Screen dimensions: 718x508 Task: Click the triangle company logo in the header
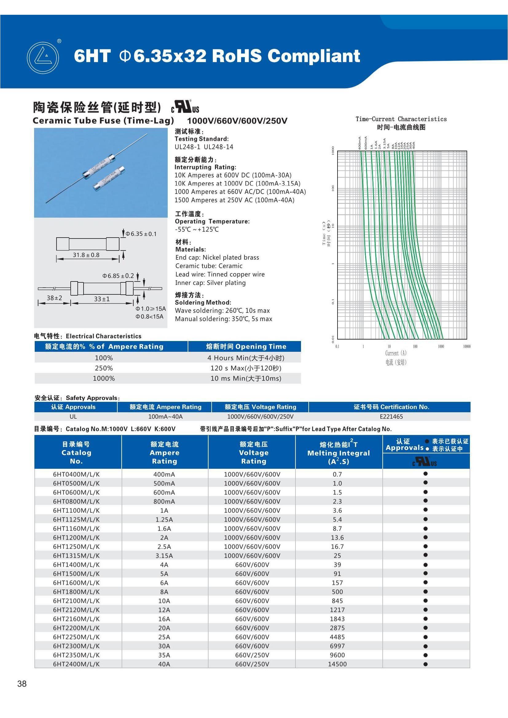pyautogui.click(x=43, y=58)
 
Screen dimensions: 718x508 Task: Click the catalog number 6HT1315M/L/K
pyautogui.click(x=76, y=556)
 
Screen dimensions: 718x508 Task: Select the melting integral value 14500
pyautogui.click(x=337, y=664)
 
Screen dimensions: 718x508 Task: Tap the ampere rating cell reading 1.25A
pyautogui.click(x=164, y=519)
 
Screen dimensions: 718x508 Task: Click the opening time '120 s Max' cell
pyautogui.click(x=246, y=368)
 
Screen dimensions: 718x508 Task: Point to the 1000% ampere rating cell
pyautogui.click(x=104, y=378)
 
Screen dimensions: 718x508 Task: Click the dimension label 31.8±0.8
pyautogui.click(x=86, y=255)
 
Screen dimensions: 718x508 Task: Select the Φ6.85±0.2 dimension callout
pyautogui.click(x=118, y=276)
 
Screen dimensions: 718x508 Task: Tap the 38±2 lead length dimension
pyautogui.click(x=54, y=298)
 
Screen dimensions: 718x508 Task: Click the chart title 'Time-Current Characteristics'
pyautogui.click(x=401, y=119)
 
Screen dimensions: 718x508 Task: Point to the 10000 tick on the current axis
pyautogui.click(x=467, y=347)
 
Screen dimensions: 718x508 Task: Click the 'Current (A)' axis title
pyautogui.click(x=396, y=353)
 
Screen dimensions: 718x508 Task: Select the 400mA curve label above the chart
pyautogui.click(x=360, y=143)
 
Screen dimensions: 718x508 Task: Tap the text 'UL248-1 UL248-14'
pyautogui.click(x=204, y=147)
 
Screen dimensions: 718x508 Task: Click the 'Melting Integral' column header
pyautogui.click(x=338, y=453)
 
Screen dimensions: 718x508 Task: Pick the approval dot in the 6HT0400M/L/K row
pyautogui.click(x=425, y=474)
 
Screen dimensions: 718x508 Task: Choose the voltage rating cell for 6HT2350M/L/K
pyautogui.click(x=252, y=655)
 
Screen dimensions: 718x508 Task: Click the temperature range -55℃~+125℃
pyautogui.click(x=197, y=230)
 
